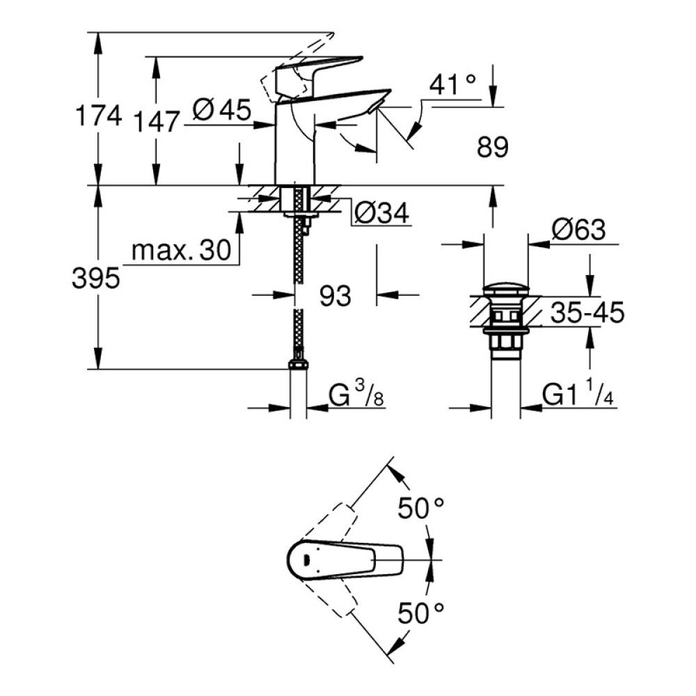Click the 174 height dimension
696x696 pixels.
pos(97,116)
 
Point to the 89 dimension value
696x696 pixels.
pos(493,147)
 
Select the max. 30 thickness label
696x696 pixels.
pos(180,251)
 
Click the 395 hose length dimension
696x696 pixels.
pos(96,278)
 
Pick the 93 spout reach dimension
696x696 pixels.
pos(335,296)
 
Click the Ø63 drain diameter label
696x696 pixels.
pos(578,230)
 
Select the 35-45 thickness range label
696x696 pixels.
pos(587,313)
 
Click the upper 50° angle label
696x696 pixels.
pos(421,509)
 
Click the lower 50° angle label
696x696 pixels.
pos(421,613)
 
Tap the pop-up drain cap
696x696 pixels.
pos(506,289)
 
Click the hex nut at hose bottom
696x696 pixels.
pos(298,365)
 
